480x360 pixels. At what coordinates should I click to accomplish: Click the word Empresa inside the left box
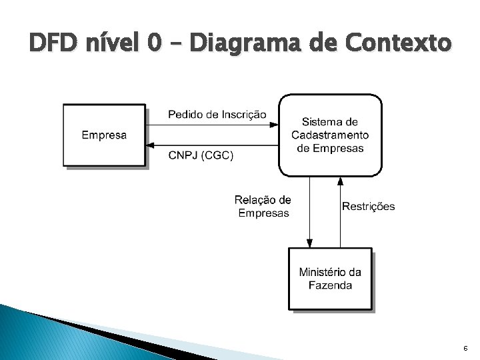pyautogui.click(x=104, y=135)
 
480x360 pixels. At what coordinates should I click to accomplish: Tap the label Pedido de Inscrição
pyautogui.click(x=217, y=115)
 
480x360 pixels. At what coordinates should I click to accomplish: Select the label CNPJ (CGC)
pyautogui.click(x=201, y=156)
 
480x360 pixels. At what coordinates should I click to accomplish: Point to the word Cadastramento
pyautogui.click(x=330, y=135)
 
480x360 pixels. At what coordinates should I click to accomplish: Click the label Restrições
pyautogui.click(x=368, y=207)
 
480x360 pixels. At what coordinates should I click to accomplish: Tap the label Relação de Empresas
pyautogui.click(x=263, y=207)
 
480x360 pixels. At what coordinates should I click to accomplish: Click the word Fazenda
pyautogui.click(x=330, y=285)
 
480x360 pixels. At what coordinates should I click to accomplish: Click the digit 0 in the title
pyautogui.click(x=153, y=44)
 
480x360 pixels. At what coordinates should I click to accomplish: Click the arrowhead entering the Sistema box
pyautogui.click(x=274, y=124)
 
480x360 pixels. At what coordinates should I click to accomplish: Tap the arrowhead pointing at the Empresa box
pyautogui.click(x=150, y=145)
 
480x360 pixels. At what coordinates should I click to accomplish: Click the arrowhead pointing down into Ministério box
pyautogui.click(x=309, y=244)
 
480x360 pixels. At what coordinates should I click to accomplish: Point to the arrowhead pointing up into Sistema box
pyautogui.click(x=340, y=181)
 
